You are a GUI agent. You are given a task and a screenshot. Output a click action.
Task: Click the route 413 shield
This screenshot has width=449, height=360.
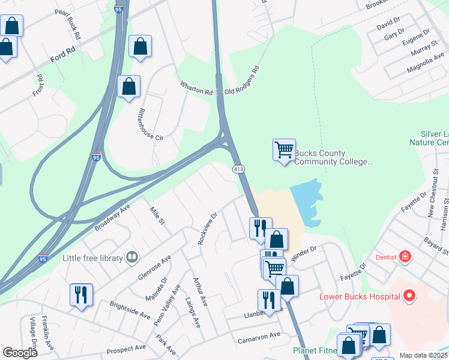[239, 170]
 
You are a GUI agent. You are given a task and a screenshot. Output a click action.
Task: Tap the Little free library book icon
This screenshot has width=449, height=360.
[132, 258]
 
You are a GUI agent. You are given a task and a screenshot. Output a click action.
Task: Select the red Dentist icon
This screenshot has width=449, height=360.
[406, 257]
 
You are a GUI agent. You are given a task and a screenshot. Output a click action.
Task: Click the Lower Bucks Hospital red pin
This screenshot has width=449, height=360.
[410, 296]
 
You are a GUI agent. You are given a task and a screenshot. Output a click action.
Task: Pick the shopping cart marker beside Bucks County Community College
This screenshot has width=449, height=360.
[284, 149]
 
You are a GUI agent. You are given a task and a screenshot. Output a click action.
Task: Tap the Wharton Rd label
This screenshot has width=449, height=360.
[197, 88]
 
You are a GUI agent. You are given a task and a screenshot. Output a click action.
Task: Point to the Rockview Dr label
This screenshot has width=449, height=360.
[207, 228]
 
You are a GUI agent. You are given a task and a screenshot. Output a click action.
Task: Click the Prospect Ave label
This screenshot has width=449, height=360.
[126, 349]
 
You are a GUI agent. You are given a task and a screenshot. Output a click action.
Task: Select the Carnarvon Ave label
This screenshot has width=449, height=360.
[259, 338]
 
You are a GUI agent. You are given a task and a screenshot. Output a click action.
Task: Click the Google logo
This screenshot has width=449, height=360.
[20, 353]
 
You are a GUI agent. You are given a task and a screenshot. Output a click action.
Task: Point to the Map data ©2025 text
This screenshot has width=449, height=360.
[423, 355]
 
